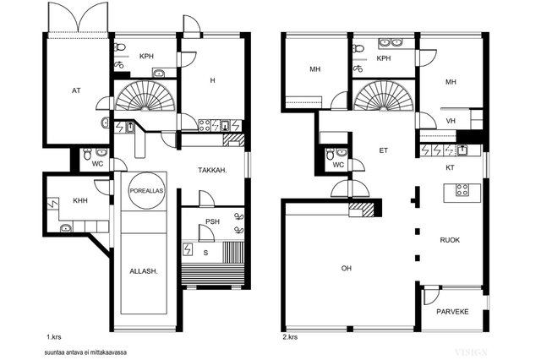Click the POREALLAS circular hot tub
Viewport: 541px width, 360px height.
[146, 191]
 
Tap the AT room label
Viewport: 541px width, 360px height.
[76, 90]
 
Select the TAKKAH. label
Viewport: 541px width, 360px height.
[212, 170]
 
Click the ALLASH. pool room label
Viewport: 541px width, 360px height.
[144, 271]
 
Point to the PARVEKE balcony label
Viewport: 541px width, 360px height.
[452, 312]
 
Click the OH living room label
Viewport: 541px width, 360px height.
[346, 268]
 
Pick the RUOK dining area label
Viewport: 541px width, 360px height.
[450, 240]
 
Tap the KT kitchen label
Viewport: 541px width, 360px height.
[450, 167]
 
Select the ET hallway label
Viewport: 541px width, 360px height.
[383, 150]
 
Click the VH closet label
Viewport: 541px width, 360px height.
[451, 121]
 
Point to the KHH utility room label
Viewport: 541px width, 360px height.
[80, 200]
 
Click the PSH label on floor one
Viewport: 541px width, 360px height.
[212, 221]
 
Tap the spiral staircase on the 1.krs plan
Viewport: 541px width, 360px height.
[145, 95]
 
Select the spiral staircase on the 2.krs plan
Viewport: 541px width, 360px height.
[383, 95]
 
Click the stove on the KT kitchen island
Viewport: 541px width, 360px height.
[462, 190]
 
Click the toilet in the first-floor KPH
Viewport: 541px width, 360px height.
[119, 46]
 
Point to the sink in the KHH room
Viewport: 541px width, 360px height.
[66, 227]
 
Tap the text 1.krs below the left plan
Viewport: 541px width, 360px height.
[54, 337]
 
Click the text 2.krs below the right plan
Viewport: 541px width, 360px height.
[290, 337]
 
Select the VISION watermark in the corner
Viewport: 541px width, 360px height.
[471, 352]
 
